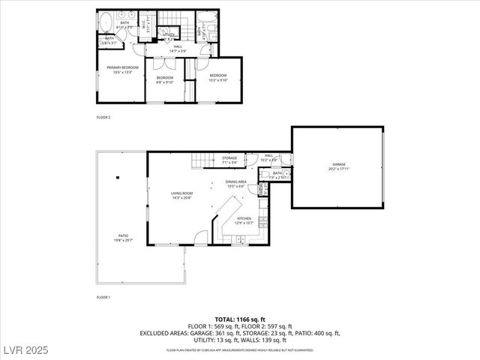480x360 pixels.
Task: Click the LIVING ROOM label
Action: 181,195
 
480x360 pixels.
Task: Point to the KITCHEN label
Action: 244,220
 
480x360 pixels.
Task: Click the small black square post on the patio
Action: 117,178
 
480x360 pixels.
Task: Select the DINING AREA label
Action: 236,183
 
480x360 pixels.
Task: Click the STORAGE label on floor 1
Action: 229,159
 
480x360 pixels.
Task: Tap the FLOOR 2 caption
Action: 103,118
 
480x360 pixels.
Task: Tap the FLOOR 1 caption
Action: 103,298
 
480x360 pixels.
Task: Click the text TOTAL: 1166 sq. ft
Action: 239,319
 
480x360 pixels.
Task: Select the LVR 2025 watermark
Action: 24,350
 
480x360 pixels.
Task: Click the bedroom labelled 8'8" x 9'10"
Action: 165,80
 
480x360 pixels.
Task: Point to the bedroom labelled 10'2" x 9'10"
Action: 218,77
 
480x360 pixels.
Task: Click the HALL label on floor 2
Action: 178,48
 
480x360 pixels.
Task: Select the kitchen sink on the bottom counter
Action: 240,239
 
